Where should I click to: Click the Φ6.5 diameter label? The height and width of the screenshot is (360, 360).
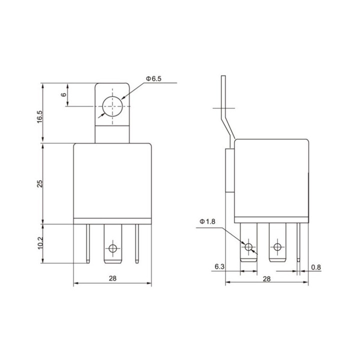click(153, 78)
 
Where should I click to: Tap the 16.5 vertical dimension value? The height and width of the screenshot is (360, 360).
click(39, 116)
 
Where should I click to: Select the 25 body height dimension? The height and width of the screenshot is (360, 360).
click(39, 183)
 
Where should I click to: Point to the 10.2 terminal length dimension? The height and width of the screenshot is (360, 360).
click(40, 243)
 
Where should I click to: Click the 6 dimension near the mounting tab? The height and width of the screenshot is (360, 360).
click(63, 94)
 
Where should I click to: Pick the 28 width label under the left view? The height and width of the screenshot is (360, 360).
click(112, 278)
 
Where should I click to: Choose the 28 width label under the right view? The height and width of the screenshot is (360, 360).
click(266, 278)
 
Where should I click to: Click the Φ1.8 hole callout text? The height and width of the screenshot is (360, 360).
click(207, 221)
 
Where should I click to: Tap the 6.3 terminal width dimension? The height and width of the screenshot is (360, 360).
click(219, 266)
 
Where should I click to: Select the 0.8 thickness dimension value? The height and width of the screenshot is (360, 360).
click(316, 267)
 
